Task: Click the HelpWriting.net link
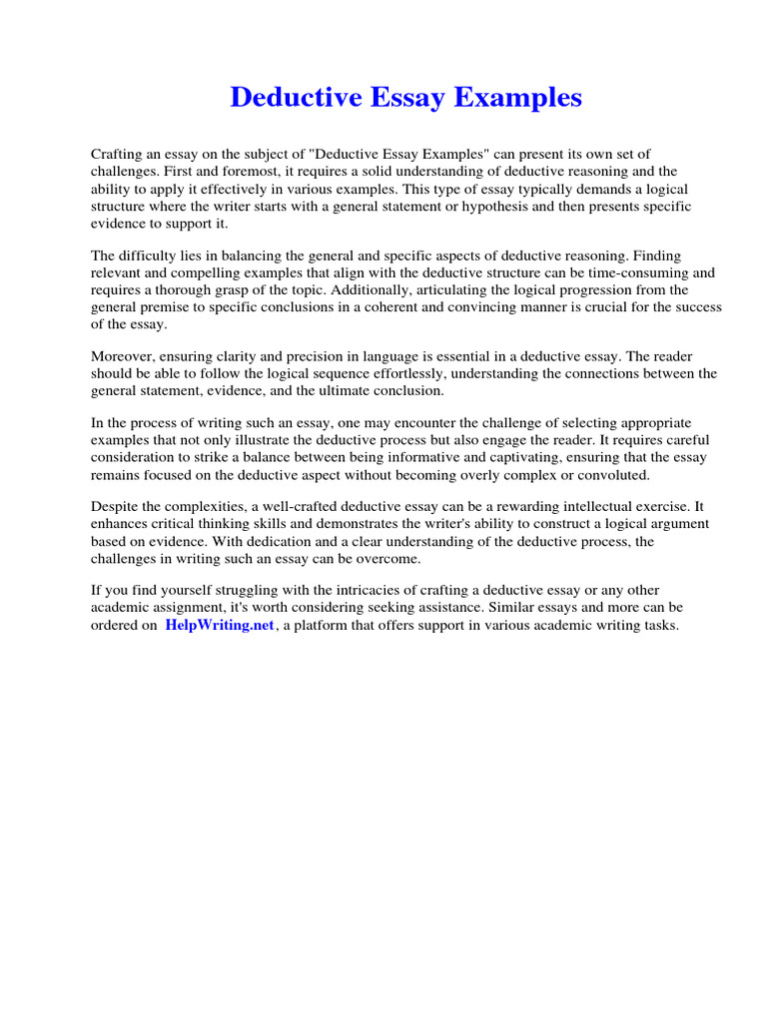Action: tap(219, 626)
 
